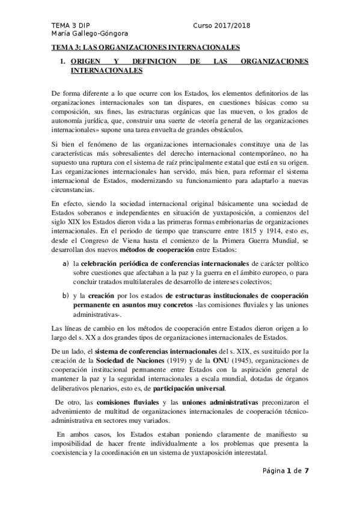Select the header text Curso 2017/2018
[222, 25]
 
